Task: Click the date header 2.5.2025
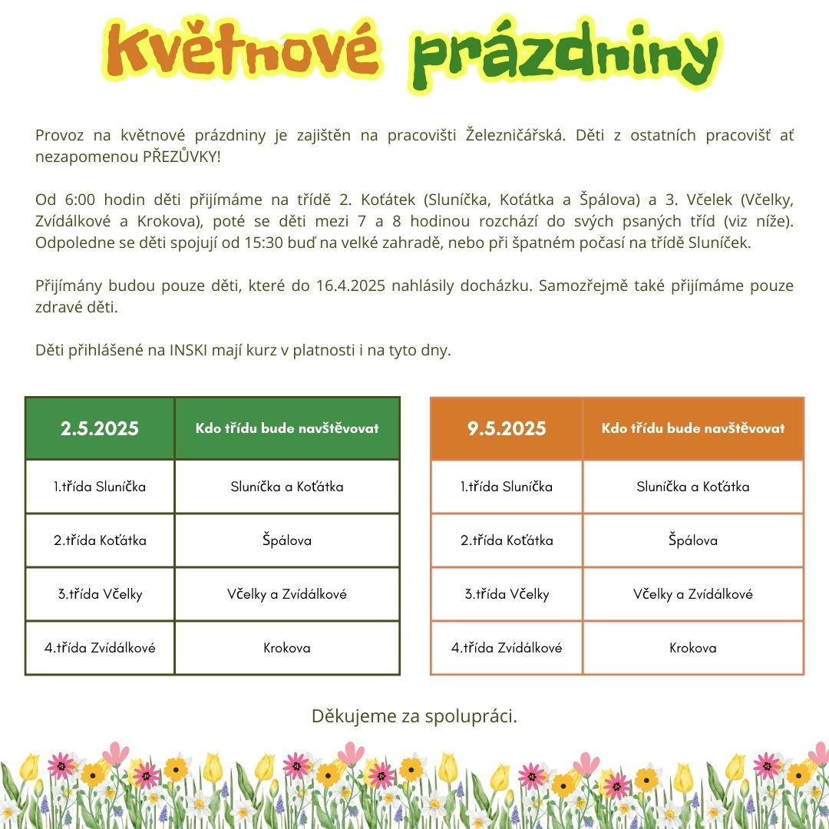[x=100, y=428]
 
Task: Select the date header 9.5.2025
[x=507, y=428]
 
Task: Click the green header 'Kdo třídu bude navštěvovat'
[x=287, y=428]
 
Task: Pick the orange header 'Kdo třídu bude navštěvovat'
[x=693, y=428]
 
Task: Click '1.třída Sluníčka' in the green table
[x=100, y=487]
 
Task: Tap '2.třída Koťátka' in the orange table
[x=507, y=540]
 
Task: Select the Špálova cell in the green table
[x=287, y=540]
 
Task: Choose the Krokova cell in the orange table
[x=693, y=648]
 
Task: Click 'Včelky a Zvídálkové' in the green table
[x=287, y=594]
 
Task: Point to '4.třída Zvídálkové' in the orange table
[x=507, y=648]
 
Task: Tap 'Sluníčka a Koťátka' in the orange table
[x=693, y=487]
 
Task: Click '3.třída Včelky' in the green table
[x=100, y=594]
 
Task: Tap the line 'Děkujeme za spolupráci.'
[x=414, y=716]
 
